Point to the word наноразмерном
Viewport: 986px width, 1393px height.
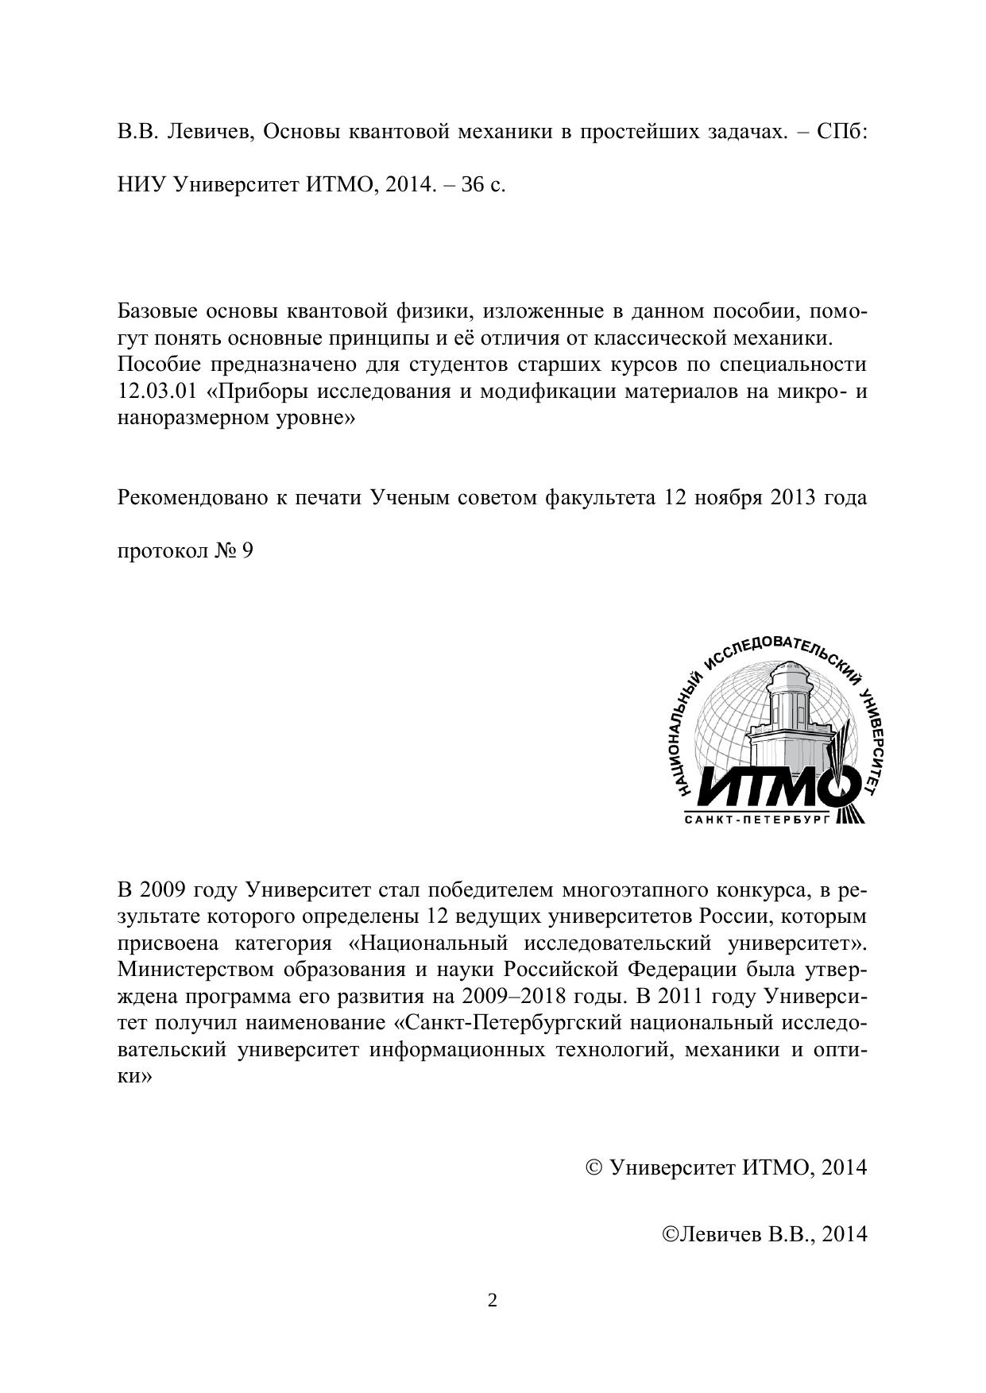pyautogui.click(x=186, y=418)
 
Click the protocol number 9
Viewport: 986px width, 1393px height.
pyautogui.click(x=247, y=551)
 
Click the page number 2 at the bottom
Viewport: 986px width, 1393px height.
pyautogui.click(x=493, y=1300)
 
